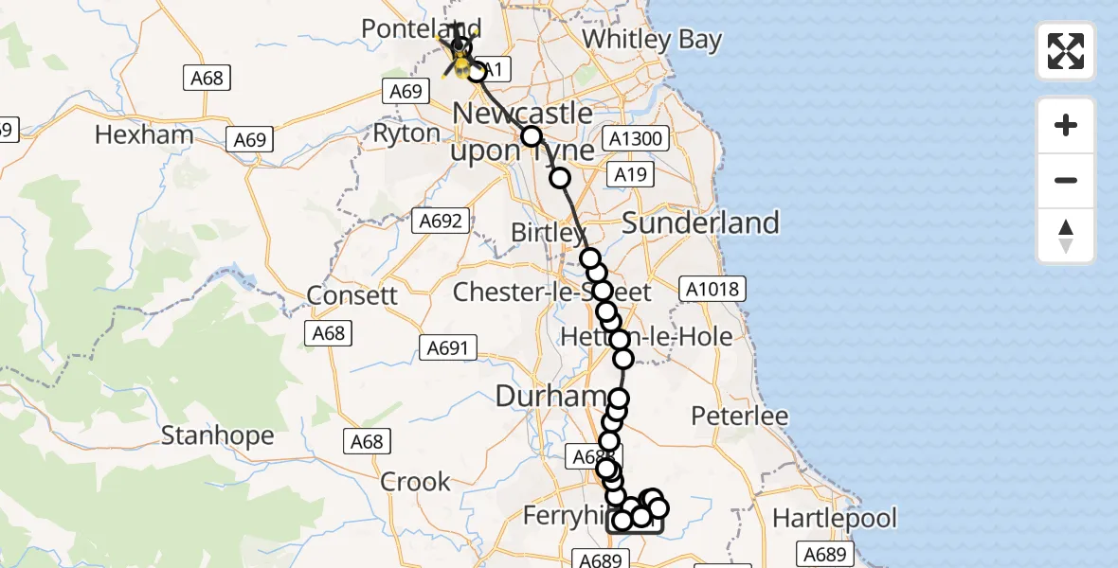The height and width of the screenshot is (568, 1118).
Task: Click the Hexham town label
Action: (x=144, y=135)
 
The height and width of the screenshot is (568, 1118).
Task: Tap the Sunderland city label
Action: (x=700, y=222)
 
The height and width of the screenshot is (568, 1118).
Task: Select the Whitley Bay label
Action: (x=652, y=40)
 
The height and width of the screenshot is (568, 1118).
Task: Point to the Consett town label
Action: (x=352, y=294)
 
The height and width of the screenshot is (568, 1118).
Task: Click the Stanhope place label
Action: (x=217, y=435)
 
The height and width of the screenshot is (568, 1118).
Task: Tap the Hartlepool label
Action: (x=834, y=518)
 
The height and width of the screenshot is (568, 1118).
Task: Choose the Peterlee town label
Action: (x=740, y=416)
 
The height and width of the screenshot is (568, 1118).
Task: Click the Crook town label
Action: (x=415, y=482)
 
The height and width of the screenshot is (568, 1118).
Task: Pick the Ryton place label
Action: (x=406, y=133)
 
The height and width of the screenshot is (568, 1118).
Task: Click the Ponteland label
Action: (x=408, y=29)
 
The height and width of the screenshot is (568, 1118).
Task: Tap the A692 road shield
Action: (x=440, y=222)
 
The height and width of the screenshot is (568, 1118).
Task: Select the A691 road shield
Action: (x=446, y=348)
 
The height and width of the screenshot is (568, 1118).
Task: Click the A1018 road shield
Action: (x=712, y=289)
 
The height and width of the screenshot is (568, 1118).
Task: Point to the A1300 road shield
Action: (x=637, y=139)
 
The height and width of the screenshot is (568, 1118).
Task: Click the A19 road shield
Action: (x=629, y=174)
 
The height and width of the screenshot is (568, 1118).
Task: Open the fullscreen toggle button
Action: (x=1066, y=51)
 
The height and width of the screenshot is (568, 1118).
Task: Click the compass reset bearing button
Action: (x=1066, y=236)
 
